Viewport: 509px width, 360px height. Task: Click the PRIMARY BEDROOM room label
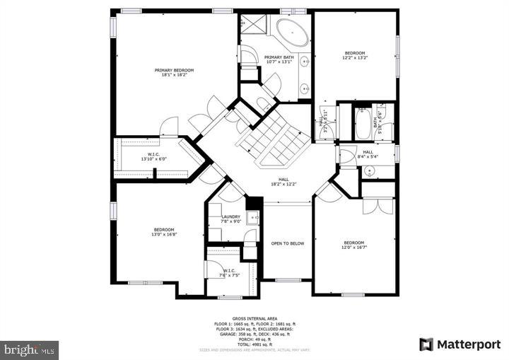174,71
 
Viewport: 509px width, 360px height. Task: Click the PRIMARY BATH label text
279,57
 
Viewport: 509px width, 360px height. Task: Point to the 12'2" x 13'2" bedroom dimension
354,58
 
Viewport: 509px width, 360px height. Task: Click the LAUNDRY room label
230,217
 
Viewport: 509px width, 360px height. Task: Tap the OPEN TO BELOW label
288,243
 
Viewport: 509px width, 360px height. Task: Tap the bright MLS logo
30,349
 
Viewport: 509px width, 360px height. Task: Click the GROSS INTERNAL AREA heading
255,319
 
